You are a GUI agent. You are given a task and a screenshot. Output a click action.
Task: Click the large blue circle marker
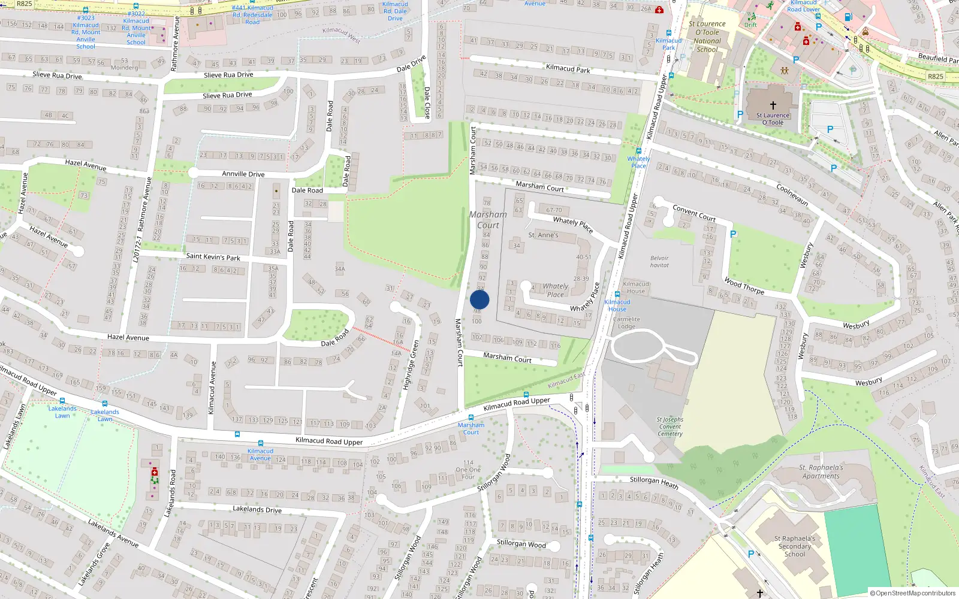click(479, 299)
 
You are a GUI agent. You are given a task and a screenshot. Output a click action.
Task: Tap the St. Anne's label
click(543, 235)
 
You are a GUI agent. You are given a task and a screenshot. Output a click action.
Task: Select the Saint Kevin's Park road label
click(213, 257)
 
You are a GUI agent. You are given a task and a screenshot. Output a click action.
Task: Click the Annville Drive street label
click(243, 174)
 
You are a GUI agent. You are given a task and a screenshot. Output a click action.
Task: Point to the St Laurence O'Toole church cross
click(773, 105)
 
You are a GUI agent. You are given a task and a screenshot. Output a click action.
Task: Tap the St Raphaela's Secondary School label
click(795, 546)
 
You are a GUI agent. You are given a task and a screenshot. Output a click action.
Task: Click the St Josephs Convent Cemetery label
click(670, 426)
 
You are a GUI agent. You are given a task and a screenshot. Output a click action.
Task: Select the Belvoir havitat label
click(659, 262)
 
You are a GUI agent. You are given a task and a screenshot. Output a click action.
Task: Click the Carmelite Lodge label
click(626, 323)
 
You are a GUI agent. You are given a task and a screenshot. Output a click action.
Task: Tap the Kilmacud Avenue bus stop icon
click(237, 435)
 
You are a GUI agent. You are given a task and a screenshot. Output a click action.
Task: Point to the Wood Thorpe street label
click(744, 285)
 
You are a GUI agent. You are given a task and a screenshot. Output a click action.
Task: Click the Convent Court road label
click(693, 213)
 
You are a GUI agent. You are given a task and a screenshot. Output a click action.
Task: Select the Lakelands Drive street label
click(257, 509)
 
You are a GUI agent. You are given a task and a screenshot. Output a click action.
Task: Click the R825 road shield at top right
click(935, 76)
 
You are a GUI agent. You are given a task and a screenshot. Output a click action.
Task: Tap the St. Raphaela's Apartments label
click(821, 472)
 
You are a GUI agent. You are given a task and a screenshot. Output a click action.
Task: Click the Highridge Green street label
click(411, 364)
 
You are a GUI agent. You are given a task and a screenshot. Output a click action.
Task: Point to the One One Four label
click(468, 470)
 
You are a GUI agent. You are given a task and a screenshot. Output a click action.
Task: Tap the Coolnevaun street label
click(792, 195)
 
